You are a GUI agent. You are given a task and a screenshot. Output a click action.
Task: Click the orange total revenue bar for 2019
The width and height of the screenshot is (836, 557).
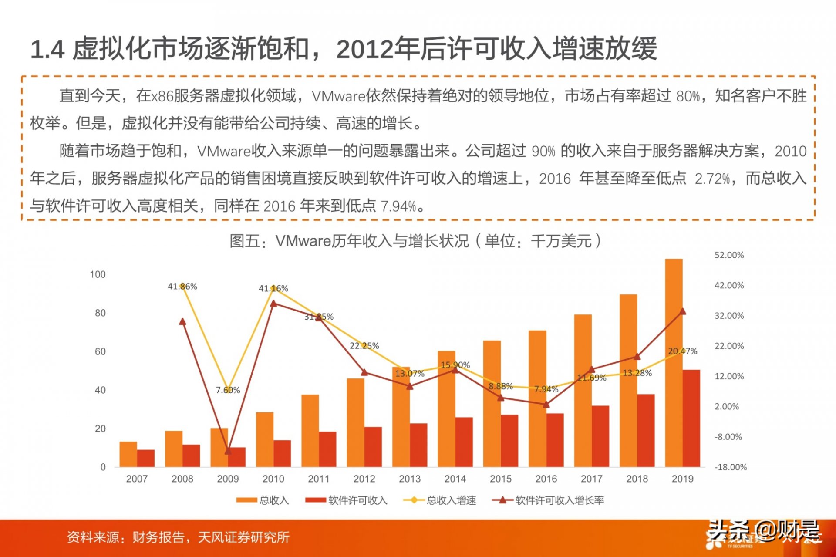(674, 363)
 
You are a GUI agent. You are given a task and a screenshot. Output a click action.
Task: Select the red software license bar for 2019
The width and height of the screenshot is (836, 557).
(691, 419)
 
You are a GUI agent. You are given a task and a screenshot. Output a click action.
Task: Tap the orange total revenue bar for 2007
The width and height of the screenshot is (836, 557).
(128, 454)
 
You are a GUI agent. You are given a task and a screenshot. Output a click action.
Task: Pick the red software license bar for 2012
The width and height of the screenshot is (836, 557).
(373, 447)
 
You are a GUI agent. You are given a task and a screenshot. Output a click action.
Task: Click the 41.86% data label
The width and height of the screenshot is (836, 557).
(182, 287)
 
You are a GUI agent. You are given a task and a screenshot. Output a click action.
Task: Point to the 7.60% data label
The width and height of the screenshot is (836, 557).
(228, 390)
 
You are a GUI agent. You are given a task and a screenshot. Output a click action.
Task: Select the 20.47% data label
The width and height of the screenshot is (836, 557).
(683, 351)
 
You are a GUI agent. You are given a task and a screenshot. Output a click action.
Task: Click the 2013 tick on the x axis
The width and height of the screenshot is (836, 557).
(410, 479)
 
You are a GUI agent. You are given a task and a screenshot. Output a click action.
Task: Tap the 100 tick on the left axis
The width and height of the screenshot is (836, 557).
(98, 274)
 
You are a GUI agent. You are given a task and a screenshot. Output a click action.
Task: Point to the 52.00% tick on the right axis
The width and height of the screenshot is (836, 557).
(729, 255)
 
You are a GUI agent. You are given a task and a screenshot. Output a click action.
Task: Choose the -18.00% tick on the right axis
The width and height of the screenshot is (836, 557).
(731, 467)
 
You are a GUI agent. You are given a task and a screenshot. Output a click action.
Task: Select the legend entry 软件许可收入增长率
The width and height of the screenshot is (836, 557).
(548, 500)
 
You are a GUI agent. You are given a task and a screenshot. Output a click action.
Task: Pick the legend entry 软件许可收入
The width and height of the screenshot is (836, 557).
(347, 500)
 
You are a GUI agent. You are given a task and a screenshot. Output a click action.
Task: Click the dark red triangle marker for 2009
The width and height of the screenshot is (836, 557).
(228, 451)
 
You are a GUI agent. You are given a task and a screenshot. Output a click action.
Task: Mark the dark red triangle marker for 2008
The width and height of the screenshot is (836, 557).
(182, 321)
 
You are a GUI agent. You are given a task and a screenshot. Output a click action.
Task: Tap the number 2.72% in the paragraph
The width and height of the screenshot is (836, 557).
(712, 179)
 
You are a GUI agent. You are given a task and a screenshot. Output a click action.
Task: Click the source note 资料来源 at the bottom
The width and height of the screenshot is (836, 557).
(93, 537)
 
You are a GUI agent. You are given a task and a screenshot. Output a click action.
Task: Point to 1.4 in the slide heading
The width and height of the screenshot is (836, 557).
(47, 49)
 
